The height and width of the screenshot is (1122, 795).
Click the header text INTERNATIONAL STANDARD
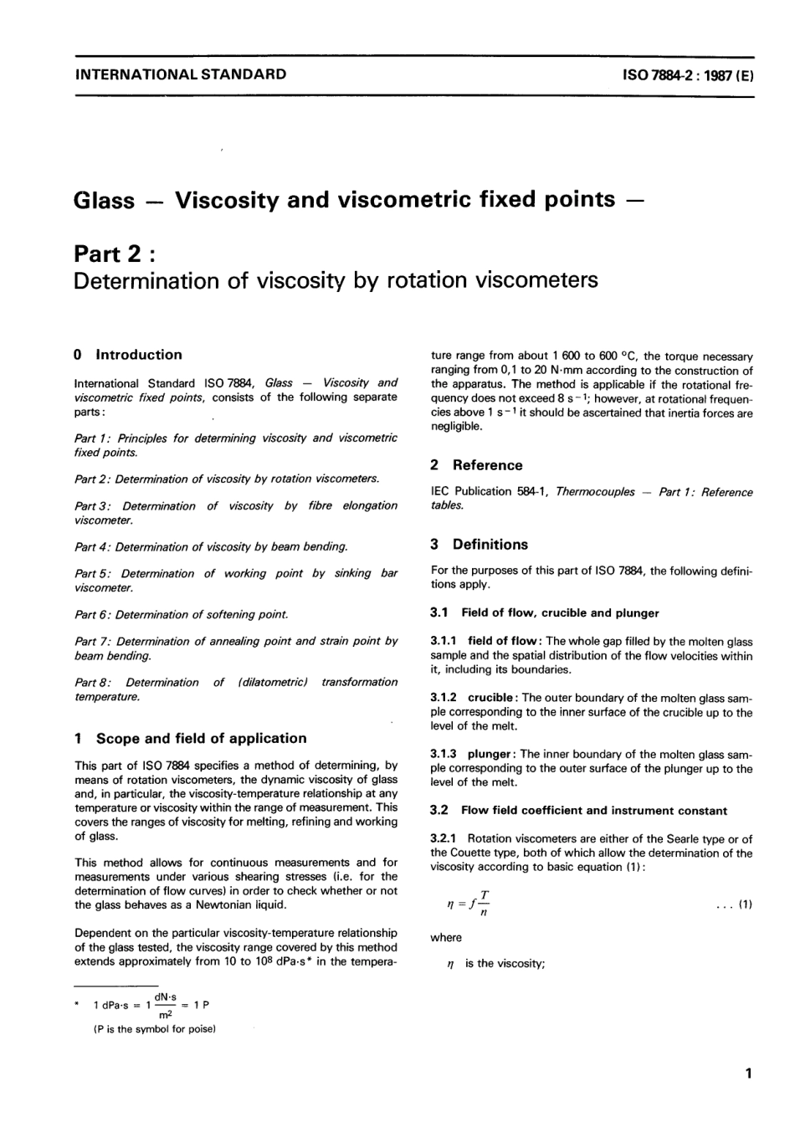pyautogui.click(x=180, y=74)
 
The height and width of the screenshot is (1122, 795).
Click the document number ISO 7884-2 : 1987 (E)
pyautogui.click(x=688, y=74)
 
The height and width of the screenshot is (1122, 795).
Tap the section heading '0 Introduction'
pyautogui.click(x=128, y=355)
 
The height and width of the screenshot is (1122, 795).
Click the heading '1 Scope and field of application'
pyautogui.click(x=191, y=738)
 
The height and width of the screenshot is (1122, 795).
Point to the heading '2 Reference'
pyautogui.click(x=476, y=465)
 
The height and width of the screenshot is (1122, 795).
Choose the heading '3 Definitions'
pyautogui.click(x=480, y=545)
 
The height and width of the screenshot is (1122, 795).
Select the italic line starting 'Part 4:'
pyautogui.click(x=211, y=547)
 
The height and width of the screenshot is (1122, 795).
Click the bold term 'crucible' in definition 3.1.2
pyautogui.click(x=491, y=698)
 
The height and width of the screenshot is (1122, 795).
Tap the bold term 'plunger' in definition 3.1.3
pyautogui.click(x=490, y=754)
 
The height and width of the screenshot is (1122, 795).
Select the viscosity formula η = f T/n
pyautogui.click(x=470, y=904)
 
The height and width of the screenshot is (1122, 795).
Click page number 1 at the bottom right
pyautogui.click(x=747, y=1073)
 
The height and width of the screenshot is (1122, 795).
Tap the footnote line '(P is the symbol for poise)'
pyautogui.click(x=155, y=1030)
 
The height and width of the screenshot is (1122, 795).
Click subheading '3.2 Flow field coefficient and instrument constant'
pyautogui.click(x=578, y=811)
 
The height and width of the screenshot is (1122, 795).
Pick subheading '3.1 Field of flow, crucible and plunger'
pyautogui.click(x=544, y=613)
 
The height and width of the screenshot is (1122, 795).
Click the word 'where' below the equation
pyautogui.click(x=446, y=938)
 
